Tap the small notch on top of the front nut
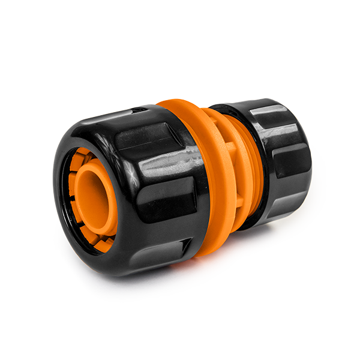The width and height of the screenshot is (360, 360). click(137, 112)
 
